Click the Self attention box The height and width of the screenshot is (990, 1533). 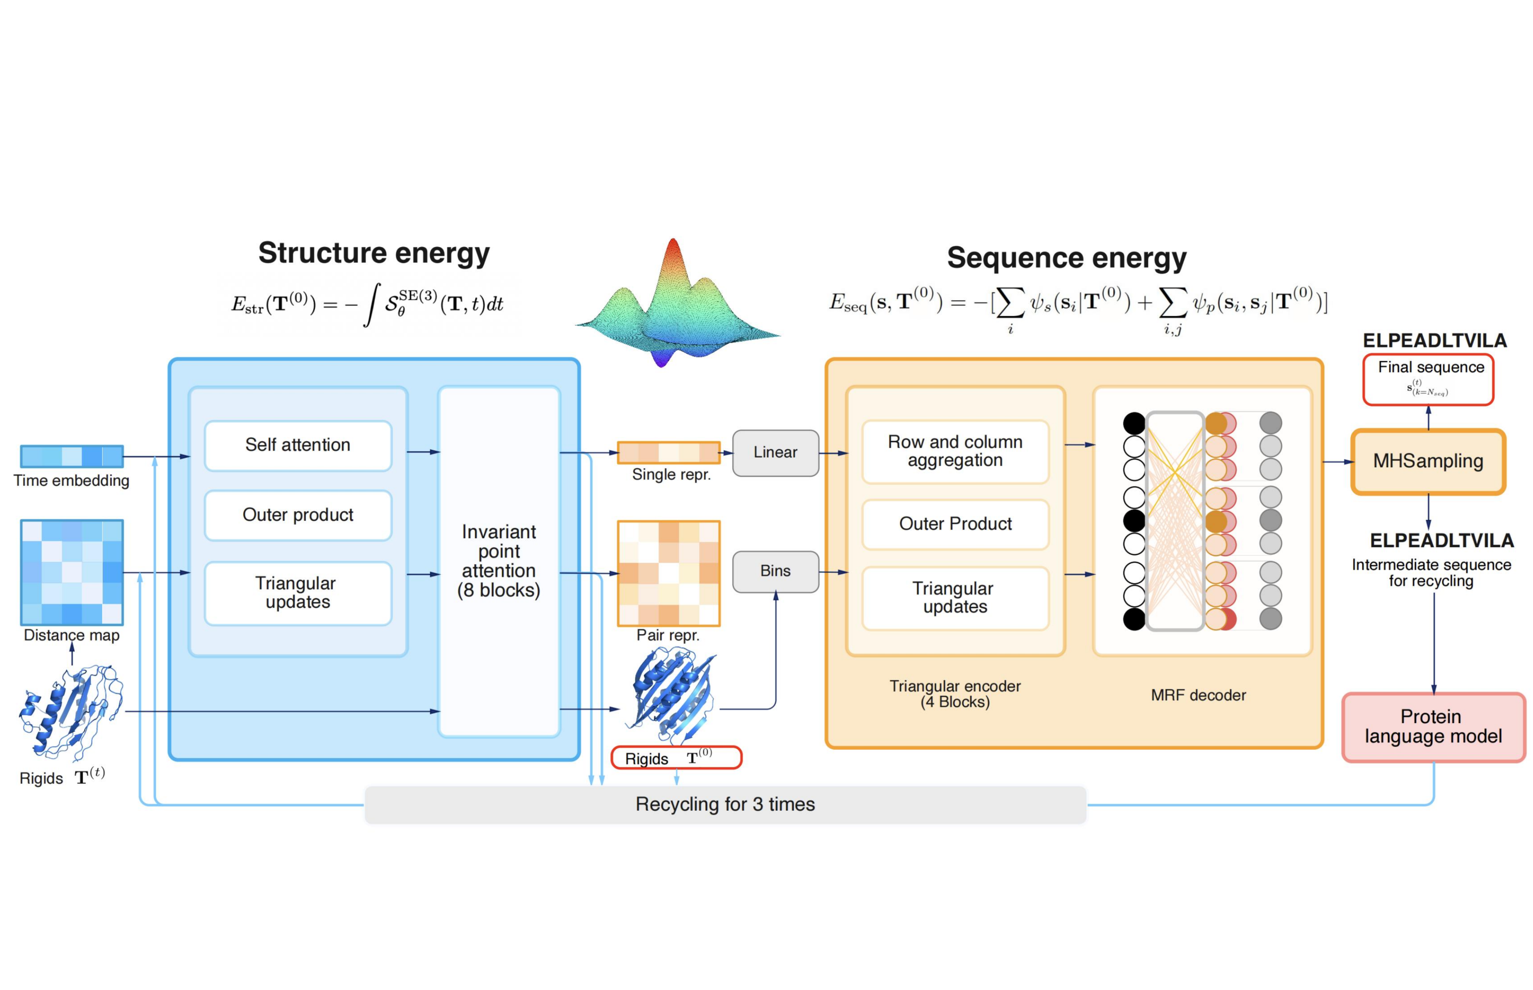pos(298,445)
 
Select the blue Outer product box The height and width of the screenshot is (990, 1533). pos(298,515)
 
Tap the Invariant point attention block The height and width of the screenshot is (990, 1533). pos(499,561)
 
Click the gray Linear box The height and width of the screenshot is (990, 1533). pos(775,453)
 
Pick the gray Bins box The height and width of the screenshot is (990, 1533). pos(775,571)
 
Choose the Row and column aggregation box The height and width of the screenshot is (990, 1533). pos(955,451)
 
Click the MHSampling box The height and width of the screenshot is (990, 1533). pos(1428,461)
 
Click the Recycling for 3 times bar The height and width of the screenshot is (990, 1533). pos(725,804)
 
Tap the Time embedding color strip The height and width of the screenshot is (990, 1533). pos(71,457)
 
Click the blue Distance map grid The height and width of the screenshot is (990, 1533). pos(71,572)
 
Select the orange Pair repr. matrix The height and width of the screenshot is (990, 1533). pos(669,573)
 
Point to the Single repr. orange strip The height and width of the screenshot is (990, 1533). pos(669,453)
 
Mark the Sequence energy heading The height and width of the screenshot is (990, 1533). pos(1066,258)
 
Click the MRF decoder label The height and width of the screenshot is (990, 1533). pos(1198,695)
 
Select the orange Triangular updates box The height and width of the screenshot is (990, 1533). pos(955,598)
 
